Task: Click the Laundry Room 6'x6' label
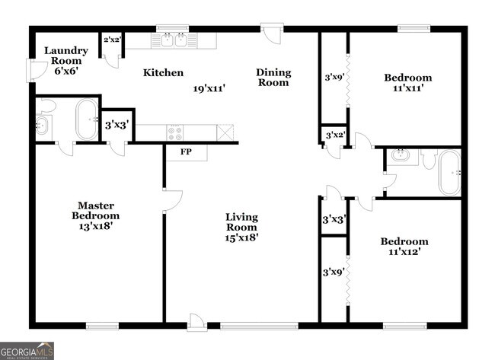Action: pos(65,60)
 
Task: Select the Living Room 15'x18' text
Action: pos(241,227)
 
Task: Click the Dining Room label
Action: pos(273,78)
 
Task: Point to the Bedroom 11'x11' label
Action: pos(407,82)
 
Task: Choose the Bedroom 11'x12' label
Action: pos(401,246)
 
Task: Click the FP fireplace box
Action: pos(185,152)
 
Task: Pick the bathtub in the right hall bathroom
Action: pos(449,172)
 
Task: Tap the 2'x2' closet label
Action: pos(112,39)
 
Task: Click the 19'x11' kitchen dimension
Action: pos(209,88)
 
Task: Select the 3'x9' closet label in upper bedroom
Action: pos(333,77)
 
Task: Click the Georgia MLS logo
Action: pos(27,350)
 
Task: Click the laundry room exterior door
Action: pos(34,71)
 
